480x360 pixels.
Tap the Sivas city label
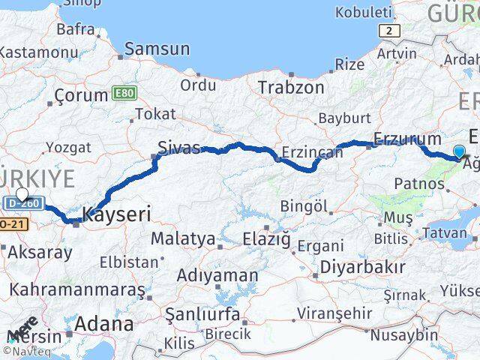coord(178,147)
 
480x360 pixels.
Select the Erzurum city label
coord(407,139)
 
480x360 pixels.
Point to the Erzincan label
coord(311,152)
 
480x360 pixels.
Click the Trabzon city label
coord(291,87)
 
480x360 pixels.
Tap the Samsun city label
coord(157,49)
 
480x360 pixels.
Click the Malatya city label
coord(183,239)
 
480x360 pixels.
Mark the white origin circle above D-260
coord(22,195)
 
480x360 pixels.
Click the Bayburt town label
coord(345,118)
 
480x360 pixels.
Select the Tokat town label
coord(156,114)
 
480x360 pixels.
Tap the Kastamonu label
coord(38,53)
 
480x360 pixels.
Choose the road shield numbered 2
coord(389,31)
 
